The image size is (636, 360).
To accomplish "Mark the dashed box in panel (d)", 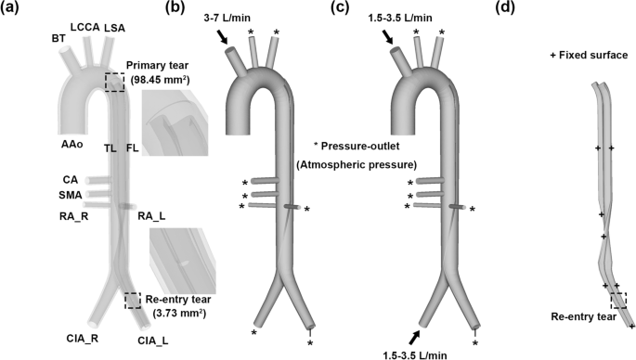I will [617, 299].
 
